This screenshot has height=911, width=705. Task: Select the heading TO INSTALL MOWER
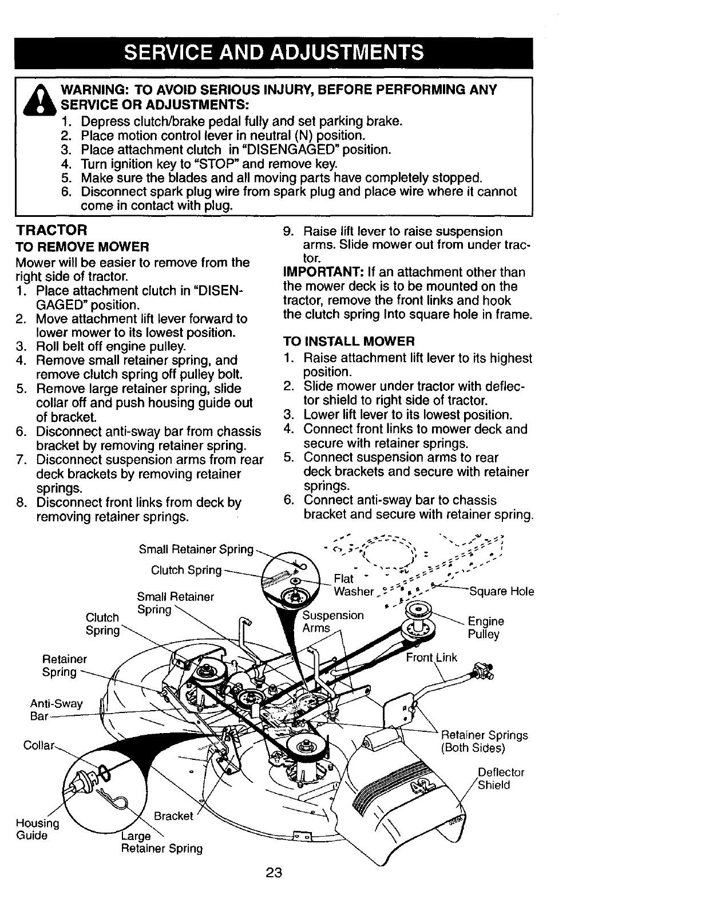(x=349, y=342)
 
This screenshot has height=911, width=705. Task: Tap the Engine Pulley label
(x=486, y=628)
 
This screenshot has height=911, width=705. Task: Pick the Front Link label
(x=431, y=657)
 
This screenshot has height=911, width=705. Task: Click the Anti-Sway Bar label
(x=56, y=710)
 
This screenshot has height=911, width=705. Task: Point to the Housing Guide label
(x=38, y=829)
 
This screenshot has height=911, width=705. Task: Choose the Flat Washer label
(x=354, y=585)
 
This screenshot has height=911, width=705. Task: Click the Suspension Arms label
(x=332, y=621)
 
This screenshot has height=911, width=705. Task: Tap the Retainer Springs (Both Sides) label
(x=484, y=742)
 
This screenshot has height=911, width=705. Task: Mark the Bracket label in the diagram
(x=173, y=816)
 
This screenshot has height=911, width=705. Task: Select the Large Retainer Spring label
(x=161, y=842)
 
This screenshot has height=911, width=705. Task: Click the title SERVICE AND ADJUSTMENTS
(x=274, y=53)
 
